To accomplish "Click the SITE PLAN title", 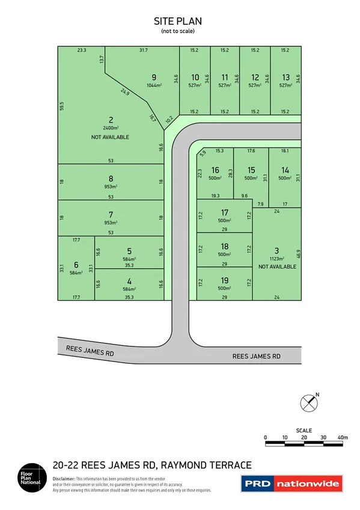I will [180, 22].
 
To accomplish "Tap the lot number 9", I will [154, 77].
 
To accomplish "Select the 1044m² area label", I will [154, 85].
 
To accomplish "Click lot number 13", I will [285, 77].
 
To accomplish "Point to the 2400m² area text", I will [111, 129].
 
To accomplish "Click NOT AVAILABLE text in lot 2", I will [111, 137].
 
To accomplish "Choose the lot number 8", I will [111, 178].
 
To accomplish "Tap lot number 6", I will [76, 264].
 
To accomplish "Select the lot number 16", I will [215, 170].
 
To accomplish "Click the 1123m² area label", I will [276, 258].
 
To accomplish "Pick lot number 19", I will [224, 280].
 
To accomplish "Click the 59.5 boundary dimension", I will [61, 105].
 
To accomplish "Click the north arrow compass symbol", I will [309, 402].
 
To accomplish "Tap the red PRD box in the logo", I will [258, 483].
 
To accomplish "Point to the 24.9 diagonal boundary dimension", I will [125, 92].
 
